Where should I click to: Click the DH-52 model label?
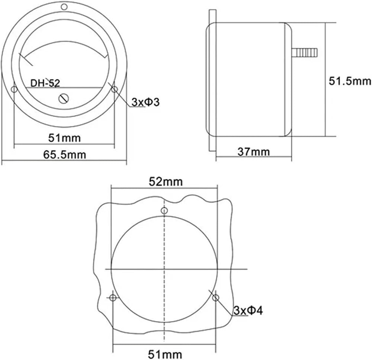tap(45, 83)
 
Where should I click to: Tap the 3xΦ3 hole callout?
tap(145, 102)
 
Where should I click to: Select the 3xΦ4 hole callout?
tap(248, 310)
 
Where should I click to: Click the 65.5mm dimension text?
tap(64, 155)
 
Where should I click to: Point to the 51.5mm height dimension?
tap(349, 81)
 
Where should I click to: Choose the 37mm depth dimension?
tap(254, 152)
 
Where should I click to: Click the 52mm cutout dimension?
tap(166, 182)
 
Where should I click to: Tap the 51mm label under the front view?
tap(64, 138)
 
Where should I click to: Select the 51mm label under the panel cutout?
tap(165, 354)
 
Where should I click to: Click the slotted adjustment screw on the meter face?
tap(64, 99)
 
